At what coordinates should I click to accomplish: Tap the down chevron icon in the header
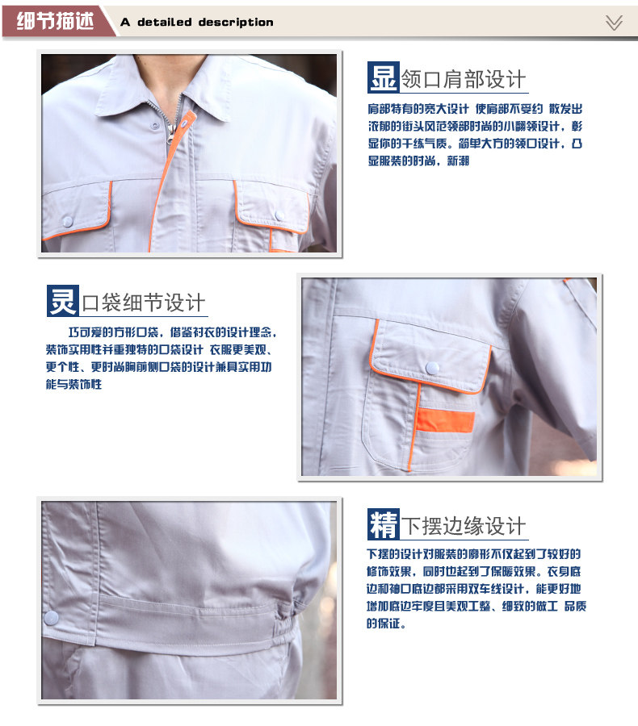pyautogui.click(x=614, y=23)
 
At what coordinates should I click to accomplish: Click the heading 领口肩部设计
pyautogui.click(x=464, y=79)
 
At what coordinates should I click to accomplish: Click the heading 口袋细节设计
pyautogui.click(x=144, y=303)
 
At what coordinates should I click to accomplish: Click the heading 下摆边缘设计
pyautogui.click(x=464, y=527)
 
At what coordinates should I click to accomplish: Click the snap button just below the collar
pyautogui.click(x=154, y=126)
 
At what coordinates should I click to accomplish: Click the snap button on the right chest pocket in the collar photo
pyautogui.click(x=279, y=215)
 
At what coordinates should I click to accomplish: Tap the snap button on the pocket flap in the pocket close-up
pyautogui.click(x=432, y=367)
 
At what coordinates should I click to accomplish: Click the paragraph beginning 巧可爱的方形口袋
pyautogui.click(x=162, y=358)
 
